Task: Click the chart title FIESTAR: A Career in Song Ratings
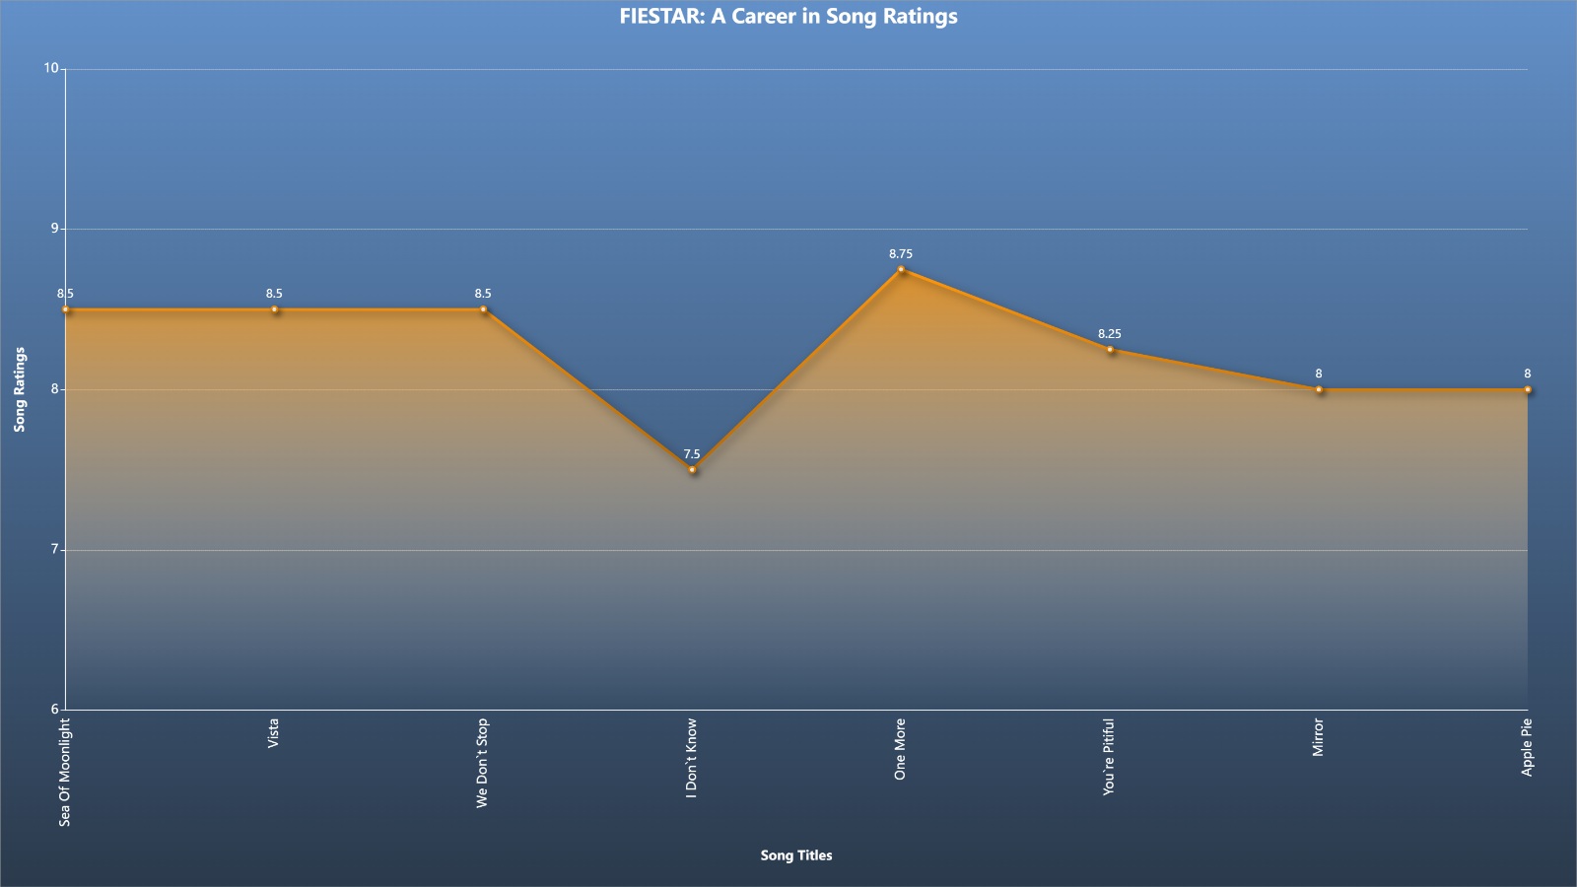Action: (x=788, y=16)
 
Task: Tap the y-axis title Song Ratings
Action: (x=20, y=389)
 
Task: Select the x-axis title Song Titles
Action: (x=796, y=855)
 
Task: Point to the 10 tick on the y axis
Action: (x=50, y=68)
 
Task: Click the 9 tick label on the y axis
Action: (x=55, y=229)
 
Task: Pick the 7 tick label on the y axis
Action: (x=55, y=549)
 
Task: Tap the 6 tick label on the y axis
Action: (x=55, y=709)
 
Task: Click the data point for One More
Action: (x=901, y=269)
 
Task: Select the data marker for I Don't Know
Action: (x=693, y=469)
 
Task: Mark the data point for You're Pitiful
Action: (x=1110, y=349)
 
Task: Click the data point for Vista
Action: (x=275, y=309)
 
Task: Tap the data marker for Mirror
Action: (x=1319, y=389)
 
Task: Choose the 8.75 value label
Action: (x=901, y=254)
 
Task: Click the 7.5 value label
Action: (x=692, y=454)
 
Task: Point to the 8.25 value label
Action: (x=1110, y=334)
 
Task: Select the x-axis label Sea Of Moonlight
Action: (x=65, y=773)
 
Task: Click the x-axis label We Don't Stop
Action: (x=482, y=763)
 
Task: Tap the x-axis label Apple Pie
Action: (x=1527, y=748)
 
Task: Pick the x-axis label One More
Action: (x=900, y=749)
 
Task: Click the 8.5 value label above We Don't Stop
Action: (x=483, y=295)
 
